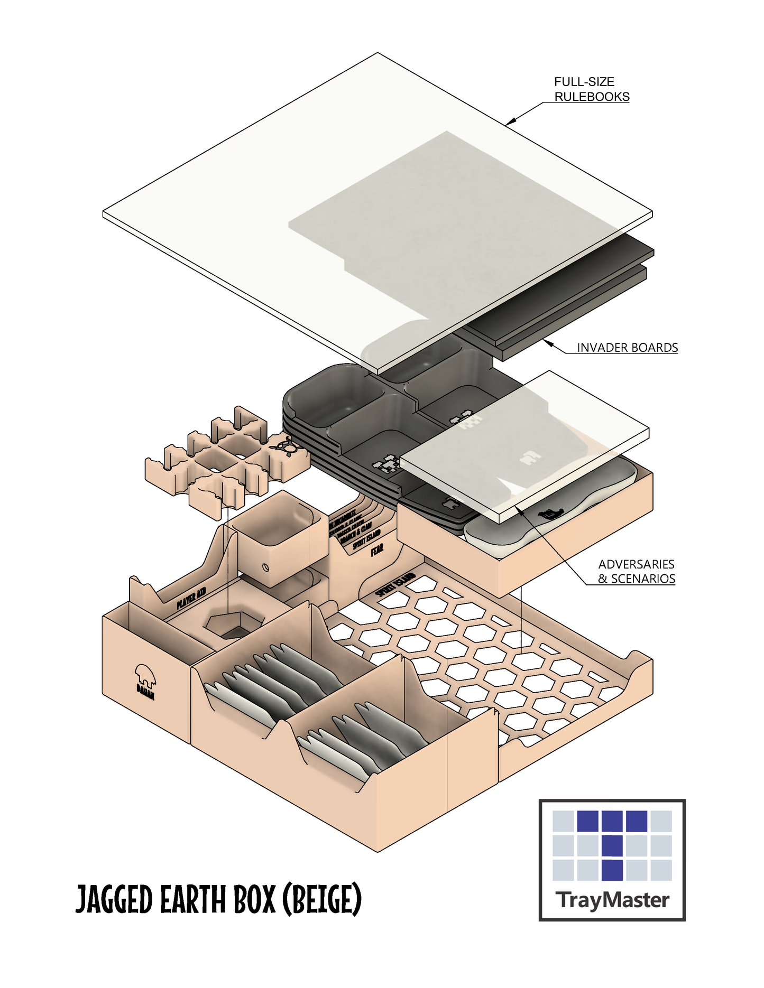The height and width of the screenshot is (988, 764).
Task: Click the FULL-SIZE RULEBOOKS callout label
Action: click(591, 89)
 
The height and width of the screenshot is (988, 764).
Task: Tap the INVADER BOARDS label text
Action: click(627, 348)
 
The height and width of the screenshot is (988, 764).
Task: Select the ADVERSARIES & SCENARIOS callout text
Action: click(636, 572)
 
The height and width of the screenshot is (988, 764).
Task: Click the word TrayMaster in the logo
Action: click(612, 900)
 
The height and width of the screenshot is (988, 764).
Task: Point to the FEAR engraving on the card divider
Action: click(377, 549)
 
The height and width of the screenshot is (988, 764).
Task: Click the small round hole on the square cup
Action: click(265, 568)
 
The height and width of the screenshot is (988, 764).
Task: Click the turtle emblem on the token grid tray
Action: click(286, 447)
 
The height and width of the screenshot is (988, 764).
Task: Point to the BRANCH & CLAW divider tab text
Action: click(356, 532)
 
